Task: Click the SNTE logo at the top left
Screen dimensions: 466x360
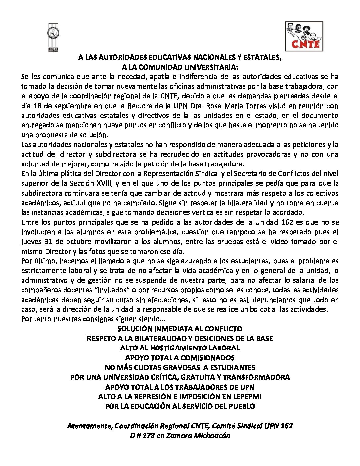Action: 53,37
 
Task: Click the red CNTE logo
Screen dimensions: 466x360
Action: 304,36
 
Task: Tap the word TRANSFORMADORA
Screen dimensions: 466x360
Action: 256,377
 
